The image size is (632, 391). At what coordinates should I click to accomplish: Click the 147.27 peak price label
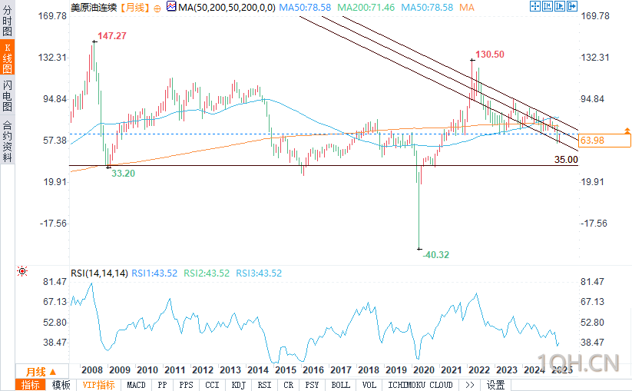coord(111,35)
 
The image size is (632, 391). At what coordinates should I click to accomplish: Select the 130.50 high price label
coord(490,55)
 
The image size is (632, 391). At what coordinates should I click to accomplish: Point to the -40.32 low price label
coord(436,254)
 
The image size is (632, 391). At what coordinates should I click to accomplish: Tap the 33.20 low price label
coord(124,174)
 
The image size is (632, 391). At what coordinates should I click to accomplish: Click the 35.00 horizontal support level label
coord(566,160)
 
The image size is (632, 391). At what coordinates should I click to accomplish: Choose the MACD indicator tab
coord(136,385)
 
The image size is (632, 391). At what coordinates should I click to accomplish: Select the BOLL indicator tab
coord(341,385)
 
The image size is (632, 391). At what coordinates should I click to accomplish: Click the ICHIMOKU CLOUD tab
coord(420,385)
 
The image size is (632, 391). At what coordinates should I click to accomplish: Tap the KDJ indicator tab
coord(238,385)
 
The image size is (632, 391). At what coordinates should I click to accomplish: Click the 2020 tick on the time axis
coord(425,369)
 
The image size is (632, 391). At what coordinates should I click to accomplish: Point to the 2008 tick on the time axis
coord(92,369)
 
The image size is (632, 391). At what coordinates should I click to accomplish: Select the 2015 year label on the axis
coord(286,369)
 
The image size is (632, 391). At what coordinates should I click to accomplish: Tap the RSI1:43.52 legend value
coord(154,273)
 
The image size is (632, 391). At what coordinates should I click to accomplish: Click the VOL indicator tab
coord(369,385)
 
